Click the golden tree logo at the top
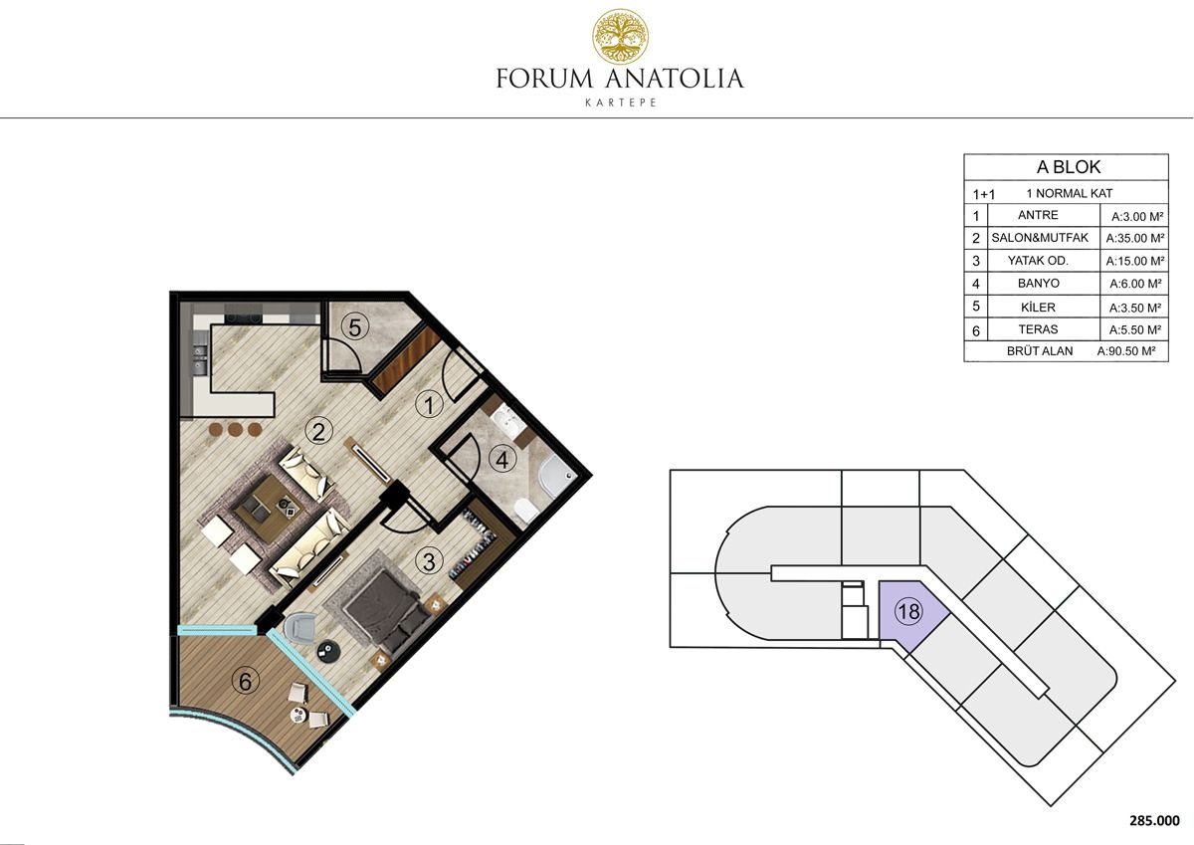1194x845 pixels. (621, 36)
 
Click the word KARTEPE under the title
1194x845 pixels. (621, 103)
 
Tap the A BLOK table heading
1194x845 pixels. (1069, 167)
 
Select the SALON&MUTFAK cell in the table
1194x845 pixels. (1040, 237)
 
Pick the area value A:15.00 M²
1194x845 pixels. (1135, 261)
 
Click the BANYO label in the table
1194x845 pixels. (1039, 283)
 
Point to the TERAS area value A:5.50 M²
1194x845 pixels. (1135, 330)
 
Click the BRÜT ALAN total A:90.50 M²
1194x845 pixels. (1125, 351)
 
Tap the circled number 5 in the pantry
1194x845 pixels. (355, 327)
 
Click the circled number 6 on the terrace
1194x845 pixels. (245, 682)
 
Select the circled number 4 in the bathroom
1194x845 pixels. (502, 460)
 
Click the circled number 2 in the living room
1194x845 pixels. (318, 431)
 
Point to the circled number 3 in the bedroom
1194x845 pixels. (429, 561)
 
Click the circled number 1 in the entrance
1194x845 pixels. (429, 405)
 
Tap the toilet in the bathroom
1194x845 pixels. (526, 511)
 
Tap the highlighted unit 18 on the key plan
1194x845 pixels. (908, 611)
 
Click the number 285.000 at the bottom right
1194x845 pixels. (1154, 820)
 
